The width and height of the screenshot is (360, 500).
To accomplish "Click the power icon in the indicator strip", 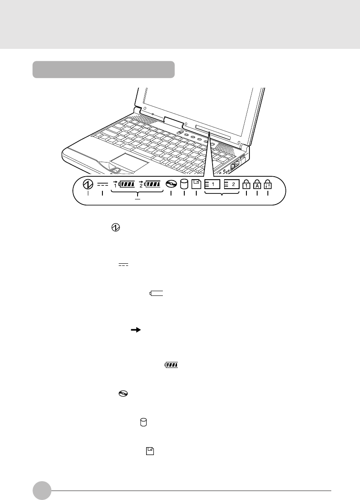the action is click(88, 184).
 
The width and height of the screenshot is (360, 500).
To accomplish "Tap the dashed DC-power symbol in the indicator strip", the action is click(102, 184).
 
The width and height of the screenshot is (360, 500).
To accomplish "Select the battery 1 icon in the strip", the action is click(126, 184).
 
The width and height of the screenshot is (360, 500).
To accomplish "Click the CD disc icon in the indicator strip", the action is click(171, 184).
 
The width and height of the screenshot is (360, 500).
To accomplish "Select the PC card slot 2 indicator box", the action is click(232, 184).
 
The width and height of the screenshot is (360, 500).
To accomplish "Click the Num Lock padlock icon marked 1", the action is click(246, 184).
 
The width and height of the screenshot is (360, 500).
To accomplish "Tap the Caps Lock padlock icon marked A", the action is click(257, 184).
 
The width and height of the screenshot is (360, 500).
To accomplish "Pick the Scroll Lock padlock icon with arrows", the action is click(268, 184).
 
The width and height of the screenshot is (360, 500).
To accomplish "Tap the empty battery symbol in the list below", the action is click(157, 293).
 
